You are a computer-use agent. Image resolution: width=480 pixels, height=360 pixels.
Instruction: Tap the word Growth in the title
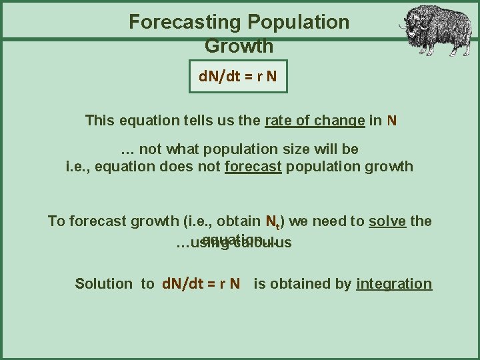click(239, 47)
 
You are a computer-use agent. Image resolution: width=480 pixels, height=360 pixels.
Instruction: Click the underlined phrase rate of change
click(315, 121)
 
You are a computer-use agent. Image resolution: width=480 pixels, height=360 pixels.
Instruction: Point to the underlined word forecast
click(255, 166)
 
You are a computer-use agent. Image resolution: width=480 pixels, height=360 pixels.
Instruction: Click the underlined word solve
click(387, 221)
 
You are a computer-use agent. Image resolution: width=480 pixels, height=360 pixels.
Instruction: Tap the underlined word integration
click(394, 283)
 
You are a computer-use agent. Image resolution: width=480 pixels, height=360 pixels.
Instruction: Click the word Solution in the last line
click(104, 283)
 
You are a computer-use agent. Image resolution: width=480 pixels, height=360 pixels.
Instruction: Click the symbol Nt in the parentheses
click(273, 221)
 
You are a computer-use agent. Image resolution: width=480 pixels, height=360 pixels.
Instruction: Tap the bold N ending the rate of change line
click(392, 121)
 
